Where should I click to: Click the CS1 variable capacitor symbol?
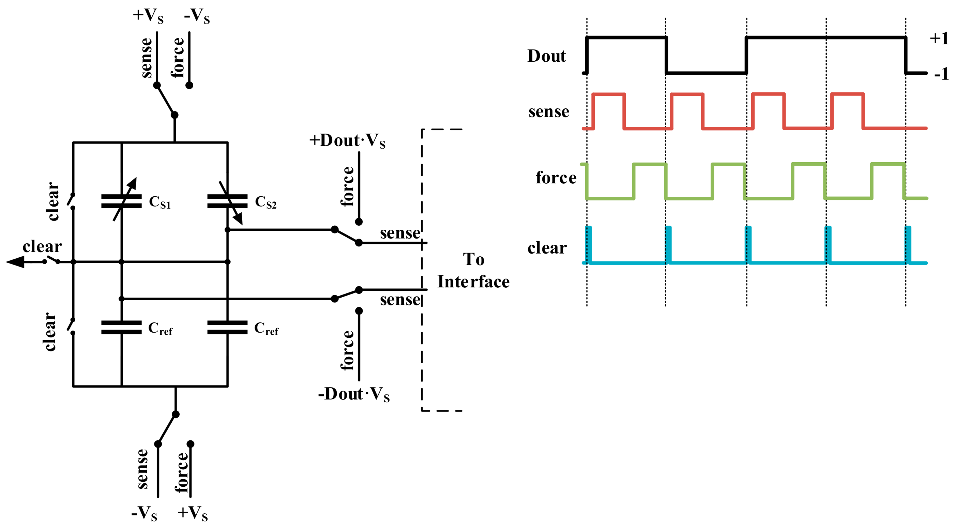(121, 201)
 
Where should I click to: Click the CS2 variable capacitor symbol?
(227, 201)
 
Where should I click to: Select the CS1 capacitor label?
(160, 202)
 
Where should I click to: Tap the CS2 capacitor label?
(266, 202)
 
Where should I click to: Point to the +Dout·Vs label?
(347, 141)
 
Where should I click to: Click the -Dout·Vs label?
(354, 394)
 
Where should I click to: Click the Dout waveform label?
(547, 56)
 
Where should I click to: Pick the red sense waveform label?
(549, 111)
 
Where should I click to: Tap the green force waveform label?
(556, 178)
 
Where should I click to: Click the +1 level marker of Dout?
(939, 38)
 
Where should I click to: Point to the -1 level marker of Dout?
(941, 74)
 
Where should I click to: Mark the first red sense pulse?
(609, 95)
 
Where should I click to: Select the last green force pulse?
(887, 164)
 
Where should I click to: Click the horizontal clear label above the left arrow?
(42, 246)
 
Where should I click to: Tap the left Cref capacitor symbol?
(121, 328)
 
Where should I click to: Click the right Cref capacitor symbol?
(227, 328)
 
